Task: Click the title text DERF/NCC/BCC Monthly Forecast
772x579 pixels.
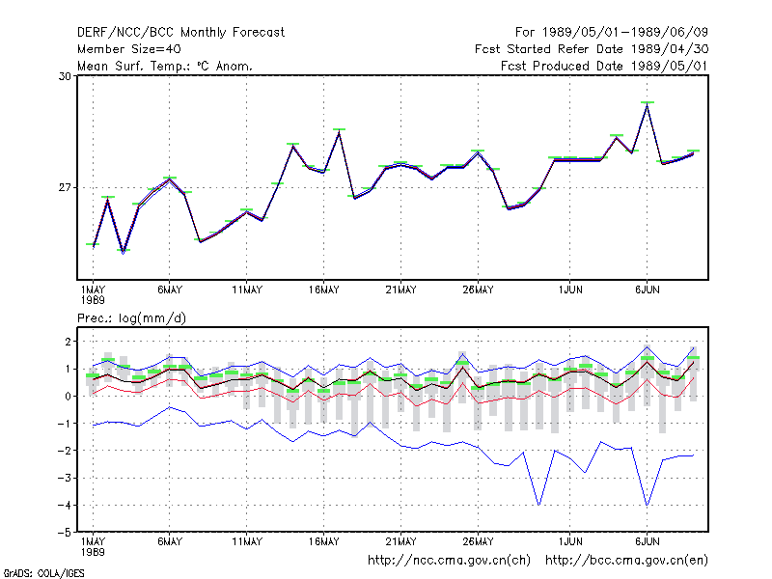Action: tap(180, 33)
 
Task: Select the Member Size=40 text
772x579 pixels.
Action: tap(129, 49)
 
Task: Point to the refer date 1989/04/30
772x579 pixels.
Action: tap(670, 49)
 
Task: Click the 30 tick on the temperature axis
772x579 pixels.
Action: tap(65, 76)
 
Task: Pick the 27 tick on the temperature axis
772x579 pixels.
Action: tap(65, 187)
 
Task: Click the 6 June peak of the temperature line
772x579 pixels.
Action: tap(647, 105)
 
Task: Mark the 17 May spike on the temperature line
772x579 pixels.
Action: tap(339, 132)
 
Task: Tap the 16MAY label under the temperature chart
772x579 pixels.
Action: tap(323, 290)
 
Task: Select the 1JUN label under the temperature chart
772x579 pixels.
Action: tap(570, 290)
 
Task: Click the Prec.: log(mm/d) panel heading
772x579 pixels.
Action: tap(131, 318)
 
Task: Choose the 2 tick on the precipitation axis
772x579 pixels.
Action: tap(68, 342)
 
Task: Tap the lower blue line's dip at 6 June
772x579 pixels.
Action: tap(647, 505)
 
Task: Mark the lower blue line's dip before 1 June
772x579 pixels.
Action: tap(539, 505)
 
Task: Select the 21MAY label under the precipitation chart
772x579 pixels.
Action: tap(400, 541)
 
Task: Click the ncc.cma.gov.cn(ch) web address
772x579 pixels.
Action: tap(449, 561)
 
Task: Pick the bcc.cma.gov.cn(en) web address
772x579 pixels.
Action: tap(626, 561)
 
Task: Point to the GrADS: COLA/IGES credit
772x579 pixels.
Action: tap(43, 573)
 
